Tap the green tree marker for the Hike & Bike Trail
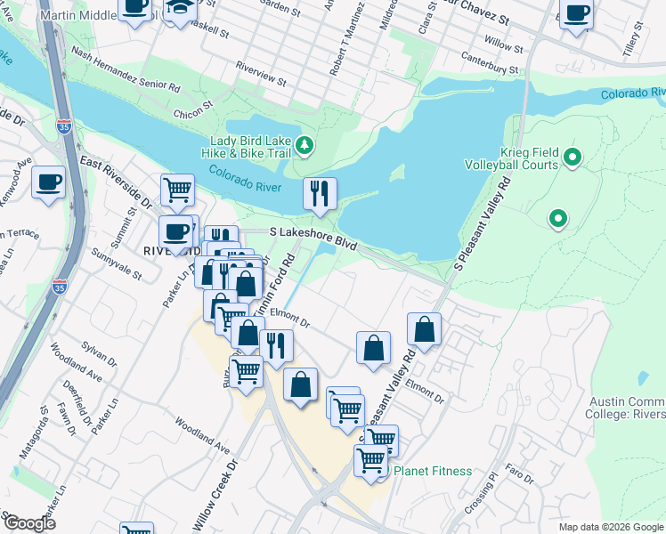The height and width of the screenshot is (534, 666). (x=305, y=144)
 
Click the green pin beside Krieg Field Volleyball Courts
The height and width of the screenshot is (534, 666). (x=573, y=159)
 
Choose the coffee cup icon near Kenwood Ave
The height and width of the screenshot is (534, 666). (x=48, y=182)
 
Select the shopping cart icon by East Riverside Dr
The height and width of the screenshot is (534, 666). (x=177, y=190)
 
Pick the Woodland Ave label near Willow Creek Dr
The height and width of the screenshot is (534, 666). (x=202, y=433)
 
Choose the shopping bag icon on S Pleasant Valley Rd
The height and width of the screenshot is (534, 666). (x=426, y=328)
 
